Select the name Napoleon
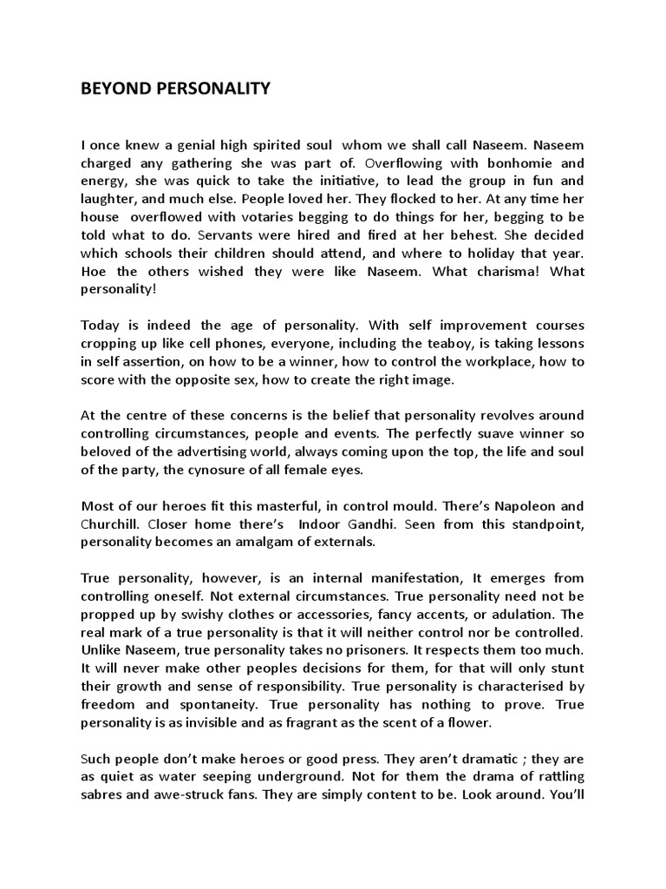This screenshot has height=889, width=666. pos(524,505)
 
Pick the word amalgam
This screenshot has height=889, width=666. pos(285,541)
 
